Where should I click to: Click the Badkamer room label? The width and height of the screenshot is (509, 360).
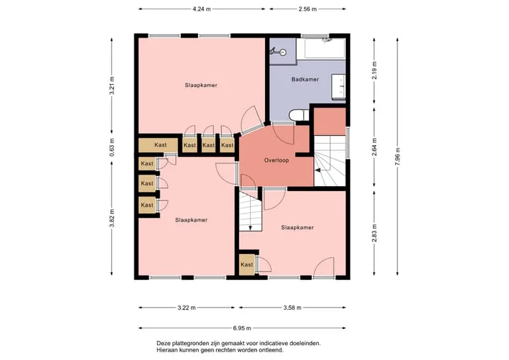coord(305,79)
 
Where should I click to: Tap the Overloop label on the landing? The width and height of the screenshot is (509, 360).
coord(276,160)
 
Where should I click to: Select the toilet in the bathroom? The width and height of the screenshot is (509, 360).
coord(299,115)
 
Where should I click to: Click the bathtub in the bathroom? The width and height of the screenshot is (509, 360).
coord(321,48)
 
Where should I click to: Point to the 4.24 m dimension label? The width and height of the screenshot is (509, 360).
coord(201,9)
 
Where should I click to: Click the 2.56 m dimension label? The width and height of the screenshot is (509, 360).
coord(308,9)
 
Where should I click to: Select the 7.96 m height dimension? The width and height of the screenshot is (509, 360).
coord(397,156)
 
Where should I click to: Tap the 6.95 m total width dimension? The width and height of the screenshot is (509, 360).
coord(242,328)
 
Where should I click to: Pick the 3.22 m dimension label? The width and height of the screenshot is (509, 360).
coord(187,308)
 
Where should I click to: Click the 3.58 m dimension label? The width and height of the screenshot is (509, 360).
coord(292,308)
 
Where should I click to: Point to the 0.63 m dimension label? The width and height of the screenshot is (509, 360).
coord(112,148)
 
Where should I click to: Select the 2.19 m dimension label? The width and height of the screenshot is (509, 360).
coord(374,71)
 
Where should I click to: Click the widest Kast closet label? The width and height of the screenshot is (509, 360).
coord(160,145)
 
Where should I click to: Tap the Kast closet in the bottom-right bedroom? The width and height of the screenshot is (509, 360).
coord(247,265)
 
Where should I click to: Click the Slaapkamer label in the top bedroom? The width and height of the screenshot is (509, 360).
coord(201,85)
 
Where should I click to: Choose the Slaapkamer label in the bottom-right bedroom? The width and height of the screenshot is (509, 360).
coord(298,228)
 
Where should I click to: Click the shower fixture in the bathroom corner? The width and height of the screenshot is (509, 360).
coord(278,51)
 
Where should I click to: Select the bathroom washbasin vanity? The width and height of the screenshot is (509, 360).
coord(338,86)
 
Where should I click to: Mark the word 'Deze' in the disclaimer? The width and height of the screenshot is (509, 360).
coord(163,343)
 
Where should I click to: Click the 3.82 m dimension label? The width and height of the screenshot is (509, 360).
coord(112,219)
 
